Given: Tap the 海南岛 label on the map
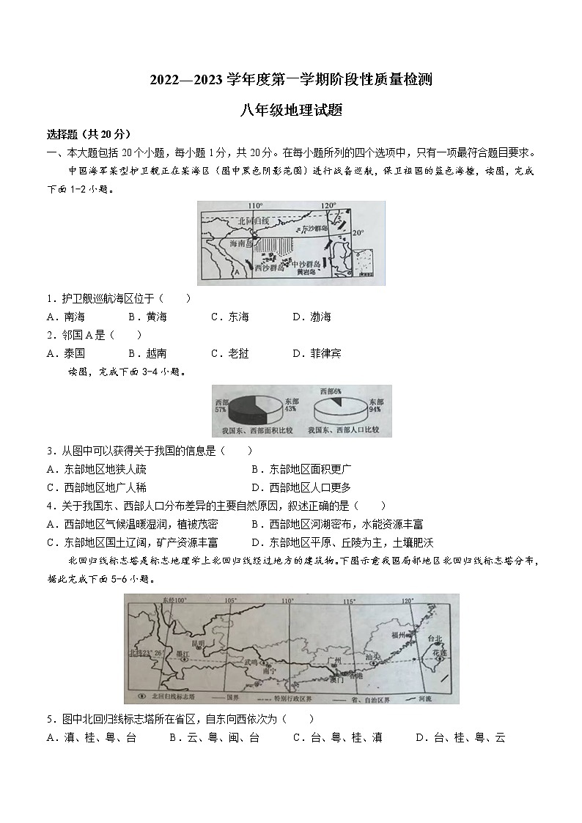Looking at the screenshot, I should tap(241, 243).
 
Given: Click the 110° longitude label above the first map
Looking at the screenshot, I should tap(255, 206).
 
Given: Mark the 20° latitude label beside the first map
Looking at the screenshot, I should tap(357, 232).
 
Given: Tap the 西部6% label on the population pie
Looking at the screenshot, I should tap(331, 391).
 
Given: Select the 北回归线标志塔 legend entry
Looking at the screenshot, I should tap(167, 695).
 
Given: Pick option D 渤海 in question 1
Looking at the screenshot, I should tap(312, 317).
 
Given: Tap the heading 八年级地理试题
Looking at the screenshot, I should tap(291, 111).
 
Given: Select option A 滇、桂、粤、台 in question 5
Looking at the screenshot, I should tap(91, 737).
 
